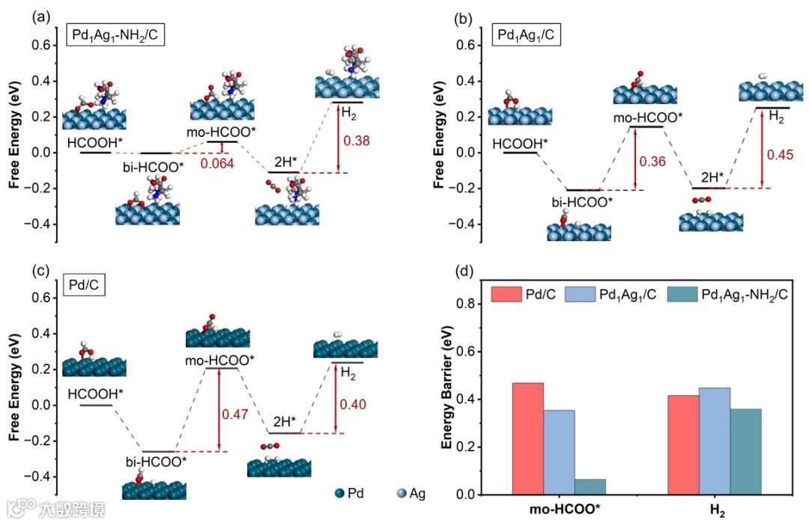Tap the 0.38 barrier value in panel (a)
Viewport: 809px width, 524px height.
[357, 140]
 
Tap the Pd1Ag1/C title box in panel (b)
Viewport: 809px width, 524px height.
[527, 34]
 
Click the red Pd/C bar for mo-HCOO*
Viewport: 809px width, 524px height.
[527, 439]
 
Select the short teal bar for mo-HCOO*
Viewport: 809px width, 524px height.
[590, 487]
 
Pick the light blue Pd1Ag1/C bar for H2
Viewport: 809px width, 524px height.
[714, 441]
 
